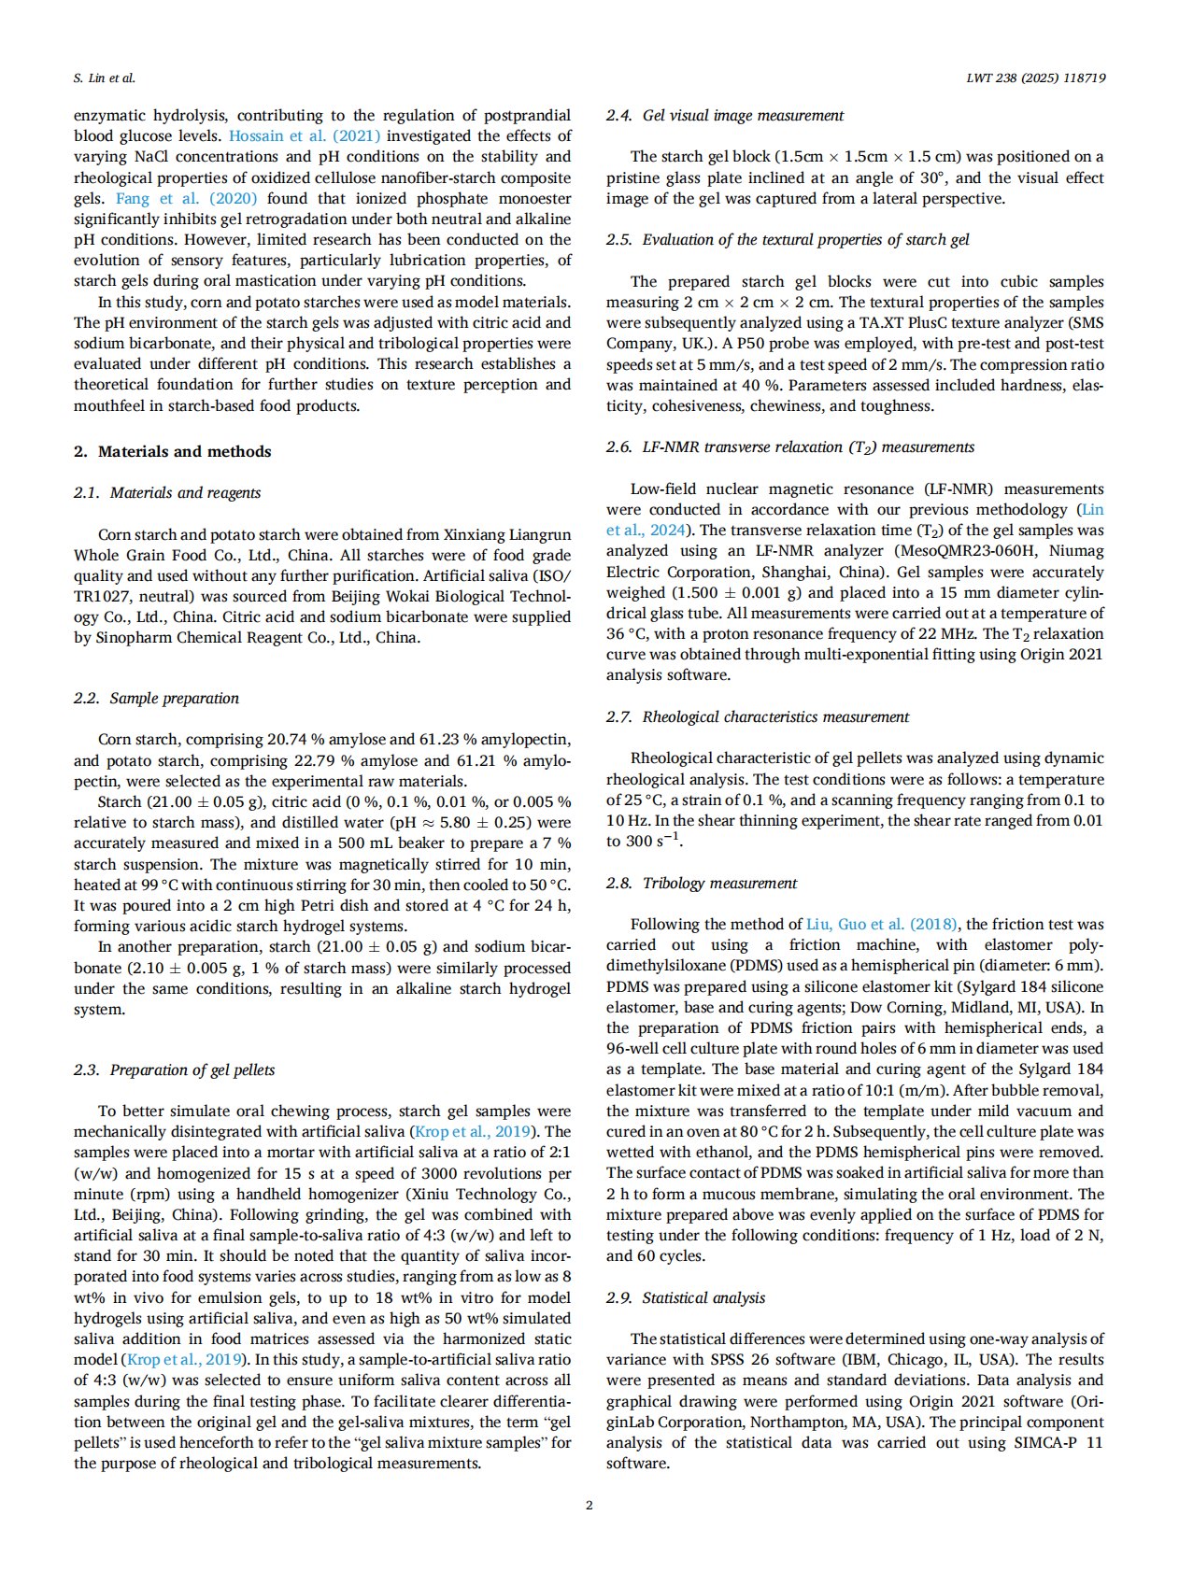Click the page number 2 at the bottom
coord(589,1505)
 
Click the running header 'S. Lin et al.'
coord(105,78)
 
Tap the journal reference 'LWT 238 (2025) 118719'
coord(1035,78)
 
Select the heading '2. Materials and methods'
coord(172,452)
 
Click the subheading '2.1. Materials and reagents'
coord(167,493)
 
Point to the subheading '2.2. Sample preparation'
coord(156,699)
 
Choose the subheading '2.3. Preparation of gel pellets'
coord(174,1070)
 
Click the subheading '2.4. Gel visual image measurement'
coord(724,116)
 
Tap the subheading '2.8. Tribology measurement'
coord(701,884)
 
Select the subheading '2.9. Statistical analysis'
coord(685,1298)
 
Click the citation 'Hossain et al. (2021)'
coord(305,136)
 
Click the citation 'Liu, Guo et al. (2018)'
coord(881,925)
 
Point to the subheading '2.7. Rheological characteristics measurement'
coord(757,717)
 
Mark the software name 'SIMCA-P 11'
coord(1058,1443)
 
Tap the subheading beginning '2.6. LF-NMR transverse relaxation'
coord(789,447)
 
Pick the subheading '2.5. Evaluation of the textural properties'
coord(787,240)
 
